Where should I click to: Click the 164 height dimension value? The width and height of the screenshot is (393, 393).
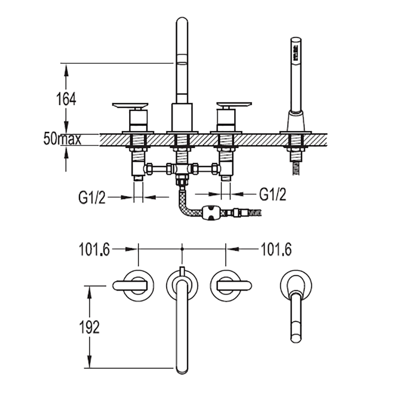(x=66, y=99)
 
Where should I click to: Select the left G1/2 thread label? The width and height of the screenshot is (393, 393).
(x=92, y=197)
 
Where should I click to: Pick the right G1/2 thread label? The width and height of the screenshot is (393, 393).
(x=273, y=194)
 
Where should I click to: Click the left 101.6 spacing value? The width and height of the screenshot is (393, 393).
(x=94, y=250)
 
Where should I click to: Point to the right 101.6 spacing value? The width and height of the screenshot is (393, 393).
(x=276, y=250)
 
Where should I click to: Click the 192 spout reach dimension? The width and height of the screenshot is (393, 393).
(x=89, y=327)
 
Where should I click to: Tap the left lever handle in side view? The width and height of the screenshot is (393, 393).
(x=130, y=106)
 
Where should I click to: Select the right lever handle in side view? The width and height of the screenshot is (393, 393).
(x=234, y=106)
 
